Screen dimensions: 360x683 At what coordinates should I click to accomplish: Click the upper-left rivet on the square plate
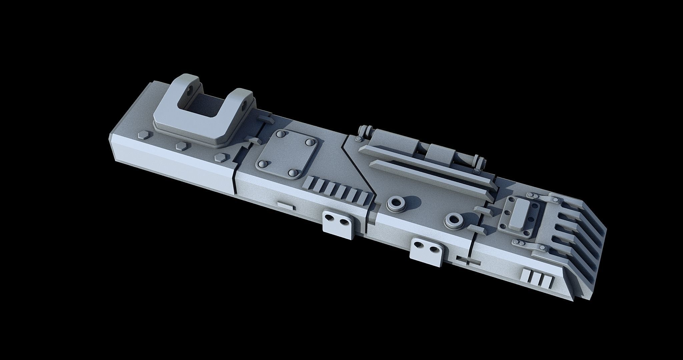[279, 134]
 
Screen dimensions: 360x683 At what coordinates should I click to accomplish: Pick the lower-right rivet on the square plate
[294, 173]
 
